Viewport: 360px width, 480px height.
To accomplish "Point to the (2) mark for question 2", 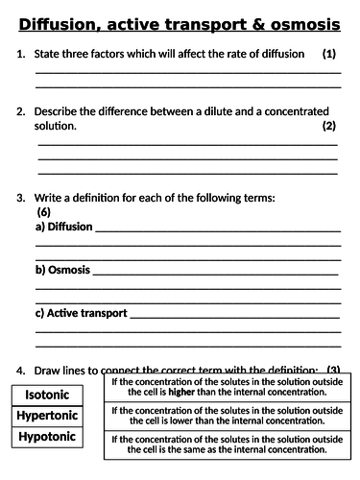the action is point(328,126).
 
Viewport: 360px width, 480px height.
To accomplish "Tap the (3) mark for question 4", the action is point(333,371).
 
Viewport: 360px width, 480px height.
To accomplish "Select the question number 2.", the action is point(20,111).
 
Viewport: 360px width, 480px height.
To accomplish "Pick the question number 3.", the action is point(20,198).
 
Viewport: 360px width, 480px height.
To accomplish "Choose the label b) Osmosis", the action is point(62,270).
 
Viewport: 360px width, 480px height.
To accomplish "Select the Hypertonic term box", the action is point(56,416).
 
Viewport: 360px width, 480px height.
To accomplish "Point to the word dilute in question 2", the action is point(208,111).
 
